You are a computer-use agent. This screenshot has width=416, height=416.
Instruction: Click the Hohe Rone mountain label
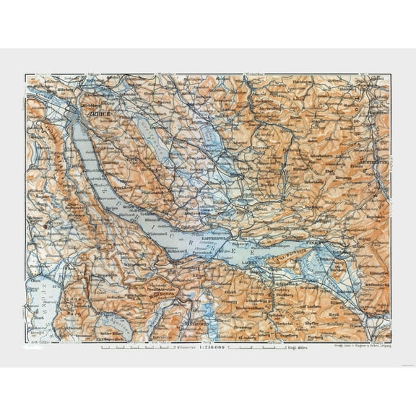[162, 294]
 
